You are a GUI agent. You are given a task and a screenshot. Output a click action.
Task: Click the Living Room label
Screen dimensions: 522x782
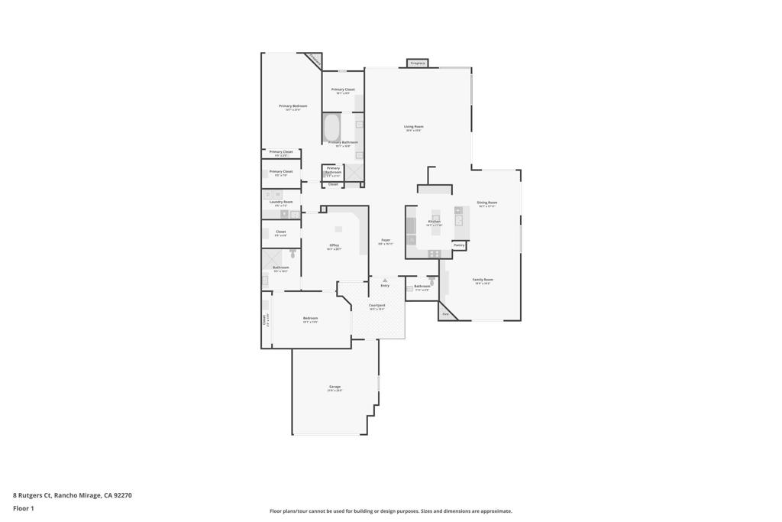[413, 127]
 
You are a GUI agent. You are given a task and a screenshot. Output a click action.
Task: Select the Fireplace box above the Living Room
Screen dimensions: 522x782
[417, 63]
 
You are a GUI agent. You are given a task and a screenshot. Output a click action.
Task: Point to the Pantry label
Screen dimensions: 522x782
[459, 245]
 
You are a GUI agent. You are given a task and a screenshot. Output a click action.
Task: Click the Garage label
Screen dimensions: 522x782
[334, 387]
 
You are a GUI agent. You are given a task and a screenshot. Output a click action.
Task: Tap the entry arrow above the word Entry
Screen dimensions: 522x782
[385, 280]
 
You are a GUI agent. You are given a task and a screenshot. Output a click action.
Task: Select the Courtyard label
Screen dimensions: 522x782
[376, 306]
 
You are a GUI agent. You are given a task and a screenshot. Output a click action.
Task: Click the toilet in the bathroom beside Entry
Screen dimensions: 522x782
[431, 281]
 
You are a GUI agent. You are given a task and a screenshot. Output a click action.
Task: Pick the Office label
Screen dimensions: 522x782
[334, 245]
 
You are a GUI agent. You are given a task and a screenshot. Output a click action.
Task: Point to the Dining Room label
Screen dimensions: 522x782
[487, 203]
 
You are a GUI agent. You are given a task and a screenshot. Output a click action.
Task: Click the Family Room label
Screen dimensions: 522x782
[483, 280]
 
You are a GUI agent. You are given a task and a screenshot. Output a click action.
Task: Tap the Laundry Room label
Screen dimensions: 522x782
[281, 202]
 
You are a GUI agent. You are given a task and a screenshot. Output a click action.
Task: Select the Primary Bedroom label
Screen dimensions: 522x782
[292, 106]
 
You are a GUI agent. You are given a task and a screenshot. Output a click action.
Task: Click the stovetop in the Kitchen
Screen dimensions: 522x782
[433, 253]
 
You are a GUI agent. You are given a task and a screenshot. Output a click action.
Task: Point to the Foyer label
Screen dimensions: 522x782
[386, 240]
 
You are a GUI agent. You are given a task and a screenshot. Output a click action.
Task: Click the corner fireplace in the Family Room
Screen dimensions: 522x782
[445, 313]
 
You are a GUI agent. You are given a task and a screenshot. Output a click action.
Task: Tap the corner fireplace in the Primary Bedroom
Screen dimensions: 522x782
[314, 60]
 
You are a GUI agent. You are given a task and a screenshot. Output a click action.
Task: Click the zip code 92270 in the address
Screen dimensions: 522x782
[123, 495]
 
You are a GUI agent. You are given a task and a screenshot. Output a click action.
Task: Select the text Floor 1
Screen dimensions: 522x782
[24, 508]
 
